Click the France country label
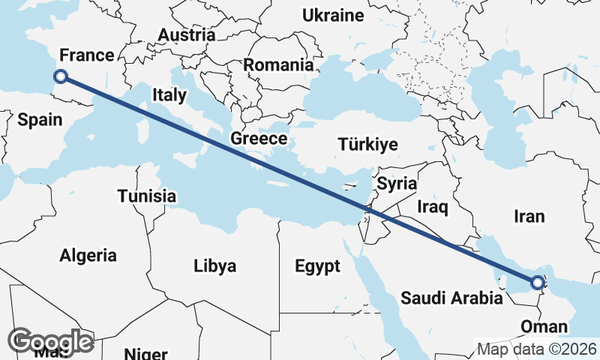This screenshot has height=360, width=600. pyautogui.click(x=86, y=55)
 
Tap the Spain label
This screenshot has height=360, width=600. pyautogui.click(x=39, y=118)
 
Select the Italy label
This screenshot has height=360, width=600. pyautogui.click(x=169, y=95)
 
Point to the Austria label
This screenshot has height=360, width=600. pyautogui.click(x=187, y=34)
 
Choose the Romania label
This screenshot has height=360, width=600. pyautogui.click(x=278, y=65)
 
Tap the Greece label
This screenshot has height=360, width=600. pyautogui.click(x=259, y=138)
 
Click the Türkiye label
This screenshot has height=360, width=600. pyautogui.click(x=367, y=144)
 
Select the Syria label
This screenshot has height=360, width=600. pyautogui.click(x=397, y=183)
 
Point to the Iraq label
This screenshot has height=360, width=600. pyautogui.click(x=433, y=207)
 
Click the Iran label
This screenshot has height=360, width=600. pyautogui.click(x=529, y=217)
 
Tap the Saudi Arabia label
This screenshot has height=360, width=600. pyautogui.click(x=451, y=298)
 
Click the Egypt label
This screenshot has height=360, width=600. pyautogui.click(x=317, y=265)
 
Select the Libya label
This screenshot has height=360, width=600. pyautogui.click(x=214, y=265)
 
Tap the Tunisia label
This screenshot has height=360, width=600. pyautogui.click(x=147, y=196)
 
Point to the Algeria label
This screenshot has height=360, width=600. pyautogui.click(x=88, y=255)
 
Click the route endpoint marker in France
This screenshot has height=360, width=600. pyautogui.click(x=61, y=76)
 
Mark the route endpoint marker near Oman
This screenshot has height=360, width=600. pyautogui.click(x=538, y=283)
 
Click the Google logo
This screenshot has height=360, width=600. pyautogui.click(x=51, y=341)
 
